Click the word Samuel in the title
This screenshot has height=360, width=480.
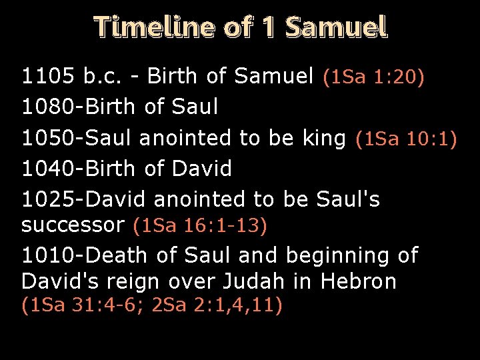pyautogui.click(x=336, y=27)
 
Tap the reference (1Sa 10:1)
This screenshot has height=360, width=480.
pyautogui.click(x=406, y=139)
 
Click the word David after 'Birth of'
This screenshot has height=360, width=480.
pyautogui.click(x=202, y=169)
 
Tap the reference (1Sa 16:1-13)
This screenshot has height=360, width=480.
pyautogui.click(x=200, y=226)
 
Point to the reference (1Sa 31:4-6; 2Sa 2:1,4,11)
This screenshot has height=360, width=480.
pyautogui.click(x=152, y=306)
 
